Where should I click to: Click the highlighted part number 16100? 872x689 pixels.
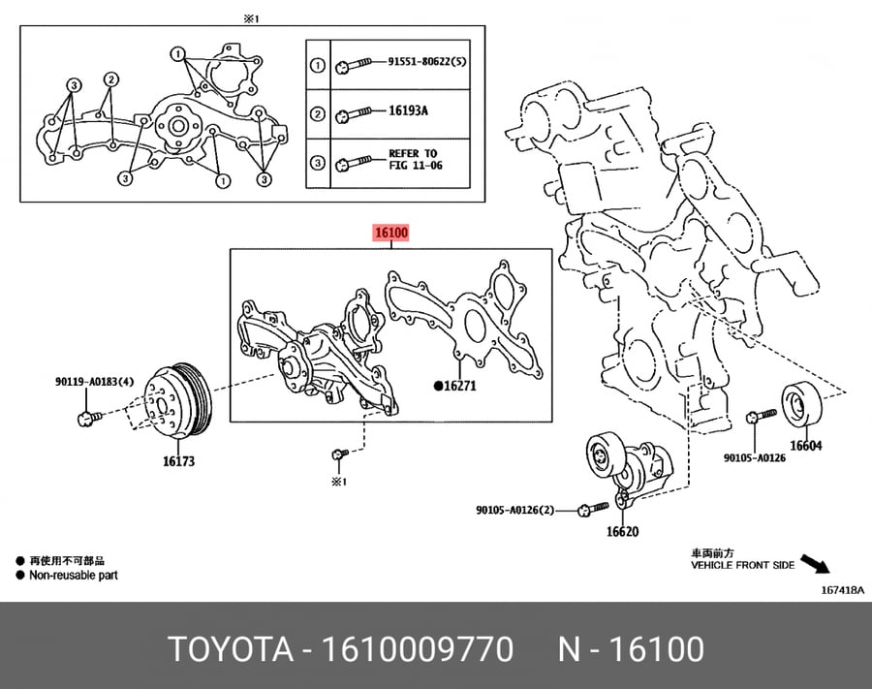click(x=391, y=233)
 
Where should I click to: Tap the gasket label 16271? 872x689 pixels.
click(x=460, y=386)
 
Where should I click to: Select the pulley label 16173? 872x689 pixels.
click(x=178, y=461)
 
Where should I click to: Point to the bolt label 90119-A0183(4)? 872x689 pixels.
click(x=95, y=382)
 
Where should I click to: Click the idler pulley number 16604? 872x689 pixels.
click(x=806, y=446)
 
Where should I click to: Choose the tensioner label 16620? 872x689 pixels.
click(x=622, y=532)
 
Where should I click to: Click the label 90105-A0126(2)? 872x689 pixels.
click(x=515, y=510)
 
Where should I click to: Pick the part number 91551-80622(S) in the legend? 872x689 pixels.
click(x=427, y=61)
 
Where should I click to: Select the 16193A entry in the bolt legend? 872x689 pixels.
click(x=408, y=110)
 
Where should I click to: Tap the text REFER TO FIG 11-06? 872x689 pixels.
click(x=415, y=159)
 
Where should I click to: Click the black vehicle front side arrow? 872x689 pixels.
click(x=815, y=563)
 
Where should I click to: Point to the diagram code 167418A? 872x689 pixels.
click(x=843, y=590)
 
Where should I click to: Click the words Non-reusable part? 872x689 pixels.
click(x=74, y=575)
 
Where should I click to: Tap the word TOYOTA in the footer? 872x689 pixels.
click(x=231, y=649)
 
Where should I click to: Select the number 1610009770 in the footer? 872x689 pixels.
click(x=417, y=649)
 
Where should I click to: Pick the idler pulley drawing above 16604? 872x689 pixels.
click(x=802, y=404)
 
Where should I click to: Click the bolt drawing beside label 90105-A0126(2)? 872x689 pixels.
click(x=593, y=509)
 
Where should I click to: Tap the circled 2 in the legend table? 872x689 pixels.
click(x=317, y=114)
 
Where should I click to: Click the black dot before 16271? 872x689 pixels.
click(x=438, y=386)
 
